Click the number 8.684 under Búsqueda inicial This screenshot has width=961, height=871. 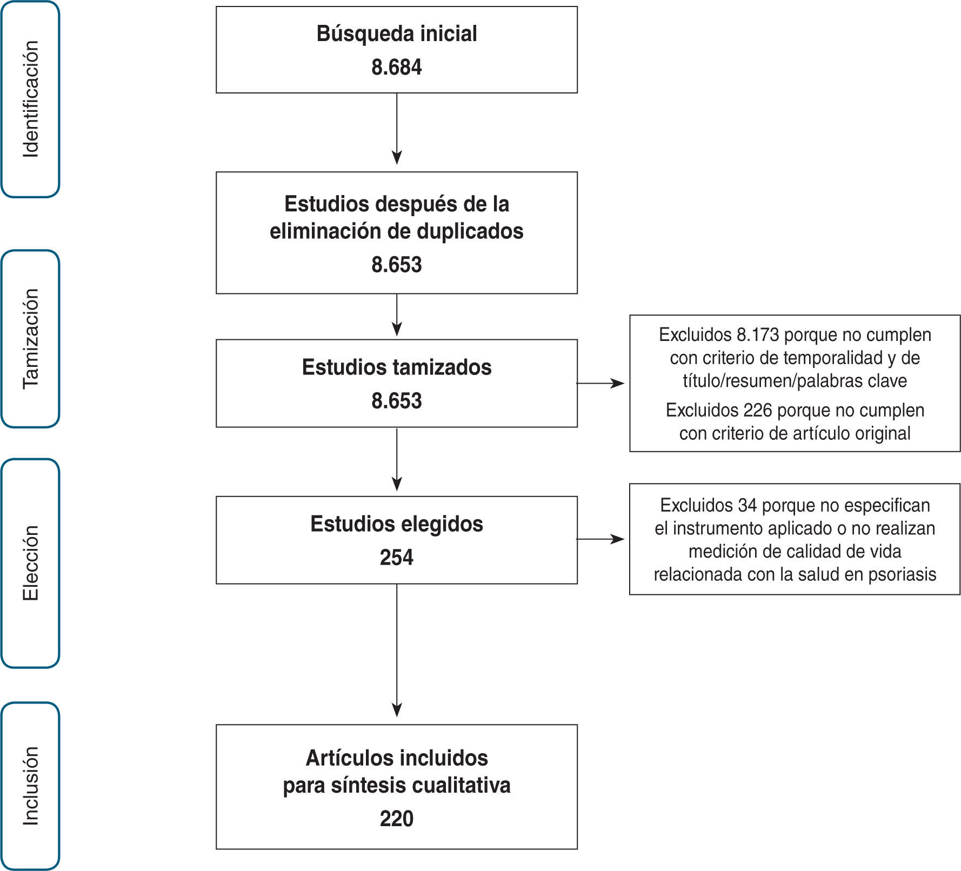(x=396, y=68)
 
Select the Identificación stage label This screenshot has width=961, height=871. (x=31, y=99)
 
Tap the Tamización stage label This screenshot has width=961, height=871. (x=31, y=339)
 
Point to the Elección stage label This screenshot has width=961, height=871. (x=31, y=563)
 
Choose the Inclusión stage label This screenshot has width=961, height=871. (x=31, y=786)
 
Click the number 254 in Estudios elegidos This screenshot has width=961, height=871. (x=396, y=558)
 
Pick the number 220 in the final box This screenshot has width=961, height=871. (x=396, y=819)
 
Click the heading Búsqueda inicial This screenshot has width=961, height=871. (x=396, y=33)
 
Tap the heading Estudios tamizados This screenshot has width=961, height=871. (x=396, y=367)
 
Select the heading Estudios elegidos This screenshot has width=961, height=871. (x=396, y=524)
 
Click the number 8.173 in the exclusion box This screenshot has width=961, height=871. (x=757, y=335)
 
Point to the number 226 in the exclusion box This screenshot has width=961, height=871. (x=757, y=411)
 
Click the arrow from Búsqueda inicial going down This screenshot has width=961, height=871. (x=397, y=130)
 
